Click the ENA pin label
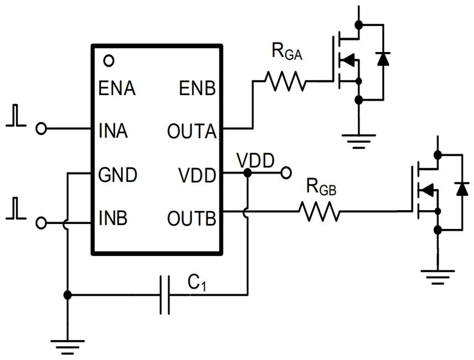(x=117, y=88)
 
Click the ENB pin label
(x=197, y=88)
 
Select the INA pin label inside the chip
(x=114, y=132)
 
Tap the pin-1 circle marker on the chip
(x=109, y=60)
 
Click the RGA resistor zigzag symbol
(x=285, y=82)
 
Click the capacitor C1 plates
(x=165, y=295)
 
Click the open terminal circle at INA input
(x=40, y=129)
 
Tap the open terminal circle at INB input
(x=40, y=223)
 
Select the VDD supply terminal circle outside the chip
(x=286, y=173)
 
